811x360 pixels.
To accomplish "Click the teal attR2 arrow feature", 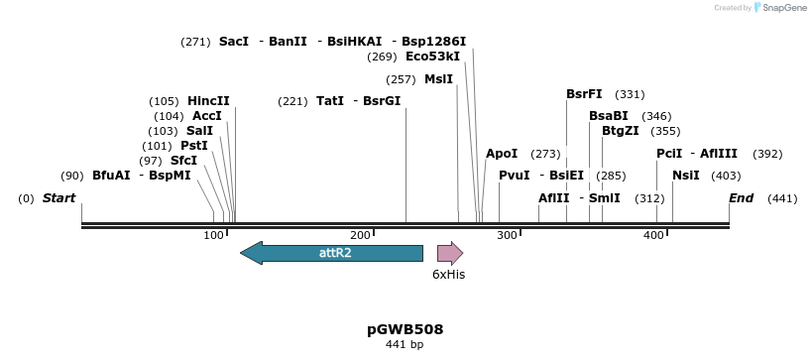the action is tap(331, 253).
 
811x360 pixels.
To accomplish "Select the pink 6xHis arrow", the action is tap(450, 253).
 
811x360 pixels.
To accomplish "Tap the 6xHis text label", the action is tap(448, 275).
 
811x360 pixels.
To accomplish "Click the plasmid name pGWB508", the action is tap(405, 329).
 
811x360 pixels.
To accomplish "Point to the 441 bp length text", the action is tap(405, 344).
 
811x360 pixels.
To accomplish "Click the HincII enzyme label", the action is tap(208, 101).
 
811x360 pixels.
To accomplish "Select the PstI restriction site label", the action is tap(194, 146).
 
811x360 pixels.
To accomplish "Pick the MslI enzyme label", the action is tap(438, 79).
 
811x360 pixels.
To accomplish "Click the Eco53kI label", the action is tap(432, 57).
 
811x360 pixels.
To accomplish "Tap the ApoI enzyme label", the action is tap(502, 154).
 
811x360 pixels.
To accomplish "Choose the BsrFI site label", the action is tap(584, 94).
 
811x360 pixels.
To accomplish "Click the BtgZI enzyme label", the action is tap(620, 131).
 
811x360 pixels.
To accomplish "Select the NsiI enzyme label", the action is tap(686, 176).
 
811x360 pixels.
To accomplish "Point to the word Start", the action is tap(58, 198).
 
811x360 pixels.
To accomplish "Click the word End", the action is tap(742, 198).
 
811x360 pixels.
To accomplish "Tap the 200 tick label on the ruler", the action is tap(361, 235).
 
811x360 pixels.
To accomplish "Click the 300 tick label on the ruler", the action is tap(508, 235).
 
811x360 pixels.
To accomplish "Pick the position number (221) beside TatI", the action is tap(292, 101).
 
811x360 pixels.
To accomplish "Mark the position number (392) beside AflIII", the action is tap(767, 154).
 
